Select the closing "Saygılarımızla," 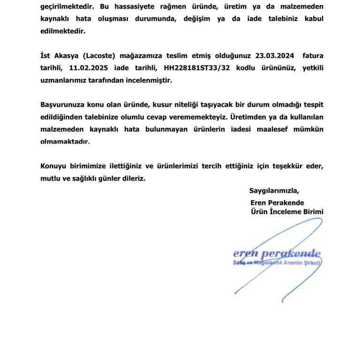274,191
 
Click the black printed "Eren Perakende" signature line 277,202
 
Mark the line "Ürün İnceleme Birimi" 287,212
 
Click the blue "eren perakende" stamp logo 277,255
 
